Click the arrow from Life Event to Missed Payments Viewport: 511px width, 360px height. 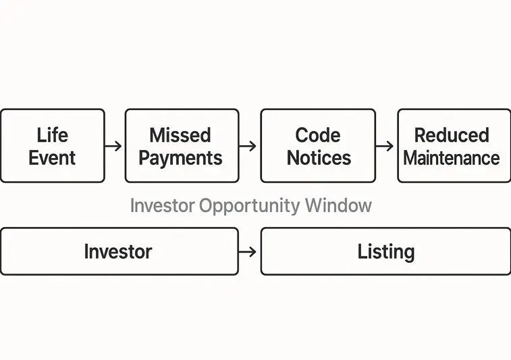[x=114, y=146]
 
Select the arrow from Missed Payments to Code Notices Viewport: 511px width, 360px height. [x=248, y=146]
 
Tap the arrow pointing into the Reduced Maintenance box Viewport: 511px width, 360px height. [x=385, y=146]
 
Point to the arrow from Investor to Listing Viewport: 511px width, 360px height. [x=248, y=252]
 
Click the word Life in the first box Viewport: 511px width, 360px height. [x=52, y=134]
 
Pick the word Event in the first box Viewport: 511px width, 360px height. [x=52, y=158]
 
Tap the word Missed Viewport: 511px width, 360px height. [x=180, y=134]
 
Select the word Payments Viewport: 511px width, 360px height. [x=180, y=158]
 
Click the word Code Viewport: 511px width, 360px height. [x=318, y=134]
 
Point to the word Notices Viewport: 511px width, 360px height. [x=319, y=158]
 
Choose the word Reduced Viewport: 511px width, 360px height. [x=452, y=134]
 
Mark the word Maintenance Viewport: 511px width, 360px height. [x=452, y=158]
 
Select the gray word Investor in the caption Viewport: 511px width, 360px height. [x=162, y=205]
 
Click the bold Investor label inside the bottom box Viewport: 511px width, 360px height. [x=118, y=252]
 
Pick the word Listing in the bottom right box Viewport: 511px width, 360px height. [x=385, y=252]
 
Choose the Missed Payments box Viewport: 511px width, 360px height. [x=182, y=173]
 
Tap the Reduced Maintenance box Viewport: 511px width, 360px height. [x=453, y=173]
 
